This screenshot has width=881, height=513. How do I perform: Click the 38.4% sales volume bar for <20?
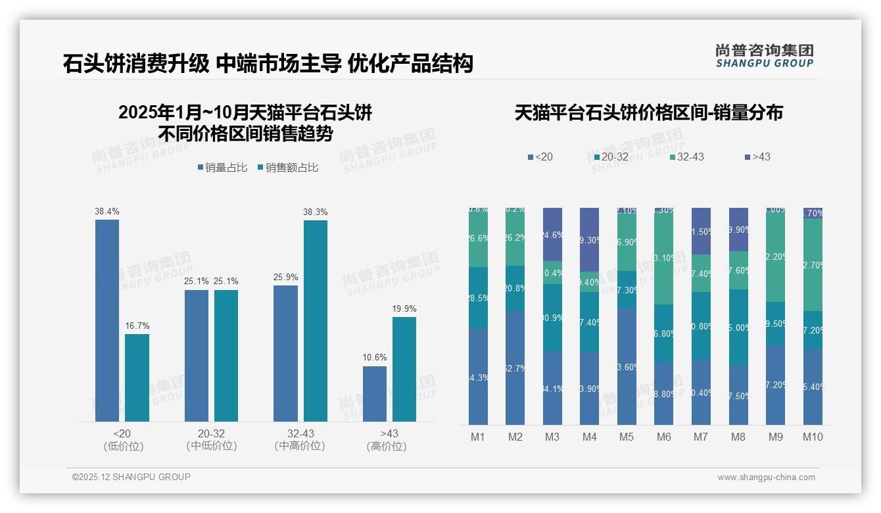pyautogui.click(x=107, y=320)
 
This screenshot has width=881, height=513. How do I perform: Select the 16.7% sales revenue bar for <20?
pyautogui.click(x=137, y=378)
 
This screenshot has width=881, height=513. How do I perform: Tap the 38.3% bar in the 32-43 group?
pyautogui.click(x=315, y=320)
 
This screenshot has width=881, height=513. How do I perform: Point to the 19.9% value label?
pyautogui.click(x=404, y=309)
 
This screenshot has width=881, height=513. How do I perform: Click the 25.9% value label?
pyautogui.click(x=285, y=277)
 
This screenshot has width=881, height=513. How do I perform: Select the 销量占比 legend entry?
pyautogui.click(x=222, y=168)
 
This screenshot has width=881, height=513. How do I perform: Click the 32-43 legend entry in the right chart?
pyautogui.click(x=686, y=157)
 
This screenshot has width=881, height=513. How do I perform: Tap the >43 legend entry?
pyautogui.click(x=757, y=157)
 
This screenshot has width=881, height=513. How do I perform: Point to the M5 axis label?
pyautogui.click(x=627, y=437)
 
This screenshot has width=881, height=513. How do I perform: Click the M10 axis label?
pyautogui.click(x=813, y=437)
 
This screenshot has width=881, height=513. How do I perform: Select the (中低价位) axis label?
pyautogui.click(x=211, y=446)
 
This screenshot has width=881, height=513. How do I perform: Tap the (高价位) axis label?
pyautogui.click(x=387, y=446)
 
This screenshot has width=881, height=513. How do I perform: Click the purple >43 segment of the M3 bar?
pyautogui.click(x=552, y=234)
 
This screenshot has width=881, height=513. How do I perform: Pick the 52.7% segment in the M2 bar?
pyautogui.click(x=515, y=368)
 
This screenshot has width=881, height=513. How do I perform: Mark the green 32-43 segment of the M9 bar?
pyautogui.click(x=776, y=256)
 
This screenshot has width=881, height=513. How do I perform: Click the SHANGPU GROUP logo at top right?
pyautogui.click(x=764, y=56)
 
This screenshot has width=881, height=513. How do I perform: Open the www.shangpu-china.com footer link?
pyautogui.click(x=766, y=477)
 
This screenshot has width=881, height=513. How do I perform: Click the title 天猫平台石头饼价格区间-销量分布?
pyautogui.click(x=648, y=112)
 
